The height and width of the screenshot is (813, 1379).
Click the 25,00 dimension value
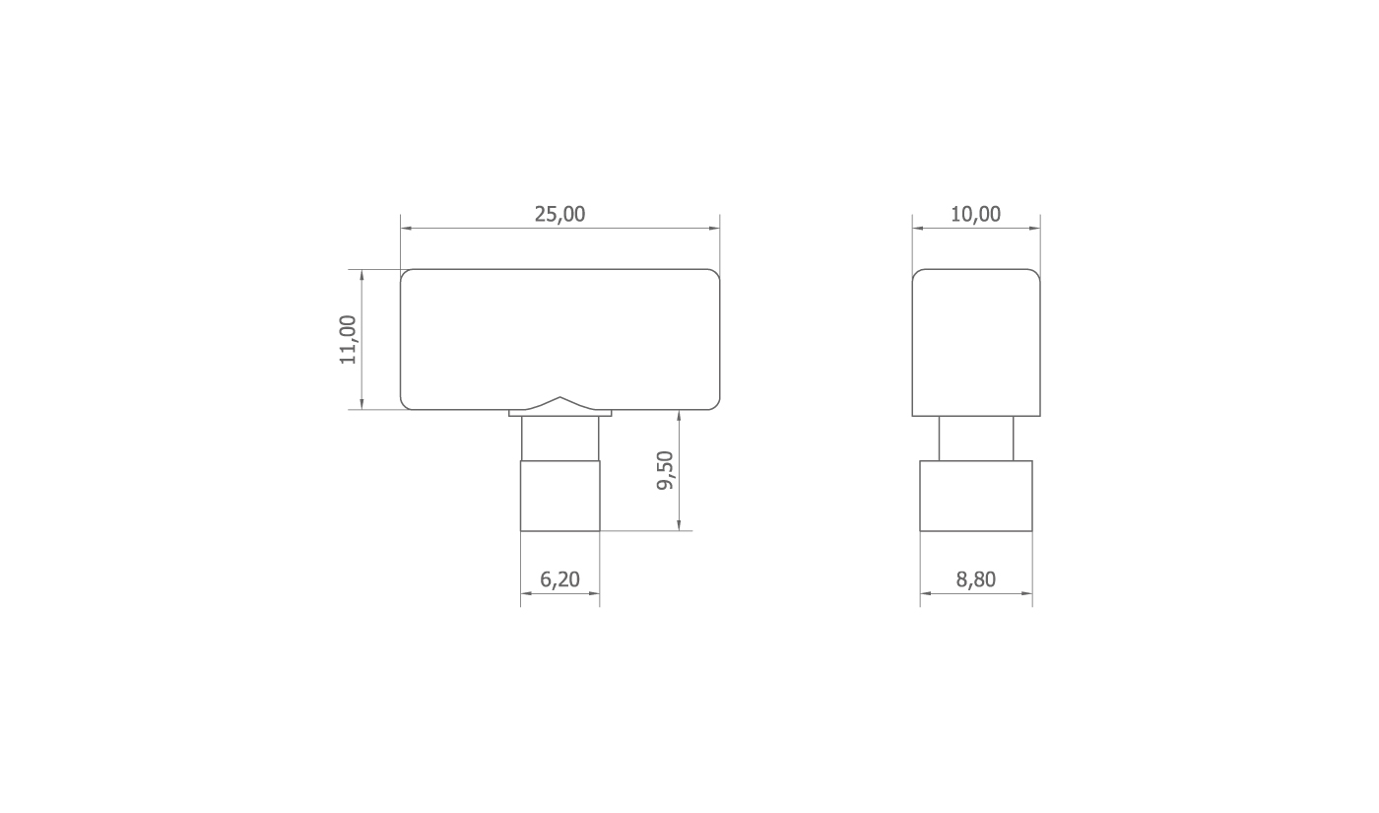tap(559, 215)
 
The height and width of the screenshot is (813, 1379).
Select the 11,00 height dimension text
tap(348, 339)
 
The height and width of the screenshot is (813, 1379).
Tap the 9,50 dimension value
tap(666, 471)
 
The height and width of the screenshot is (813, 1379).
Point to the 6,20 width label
tap(559, 579)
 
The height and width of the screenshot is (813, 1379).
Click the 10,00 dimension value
tap(976, 215)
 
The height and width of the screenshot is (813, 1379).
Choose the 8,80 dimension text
tap(976, 579)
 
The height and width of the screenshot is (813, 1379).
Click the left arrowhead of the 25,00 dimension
tap(406, 229)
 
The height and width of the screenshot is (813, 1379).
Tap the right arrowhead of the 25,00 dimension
tap(714, 229)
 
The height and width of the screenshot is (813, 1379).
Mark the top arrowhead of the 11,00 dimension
tap(361, 275)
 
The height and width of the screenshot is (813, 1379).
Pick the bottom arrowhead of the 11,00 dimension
tap(361, 404)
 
